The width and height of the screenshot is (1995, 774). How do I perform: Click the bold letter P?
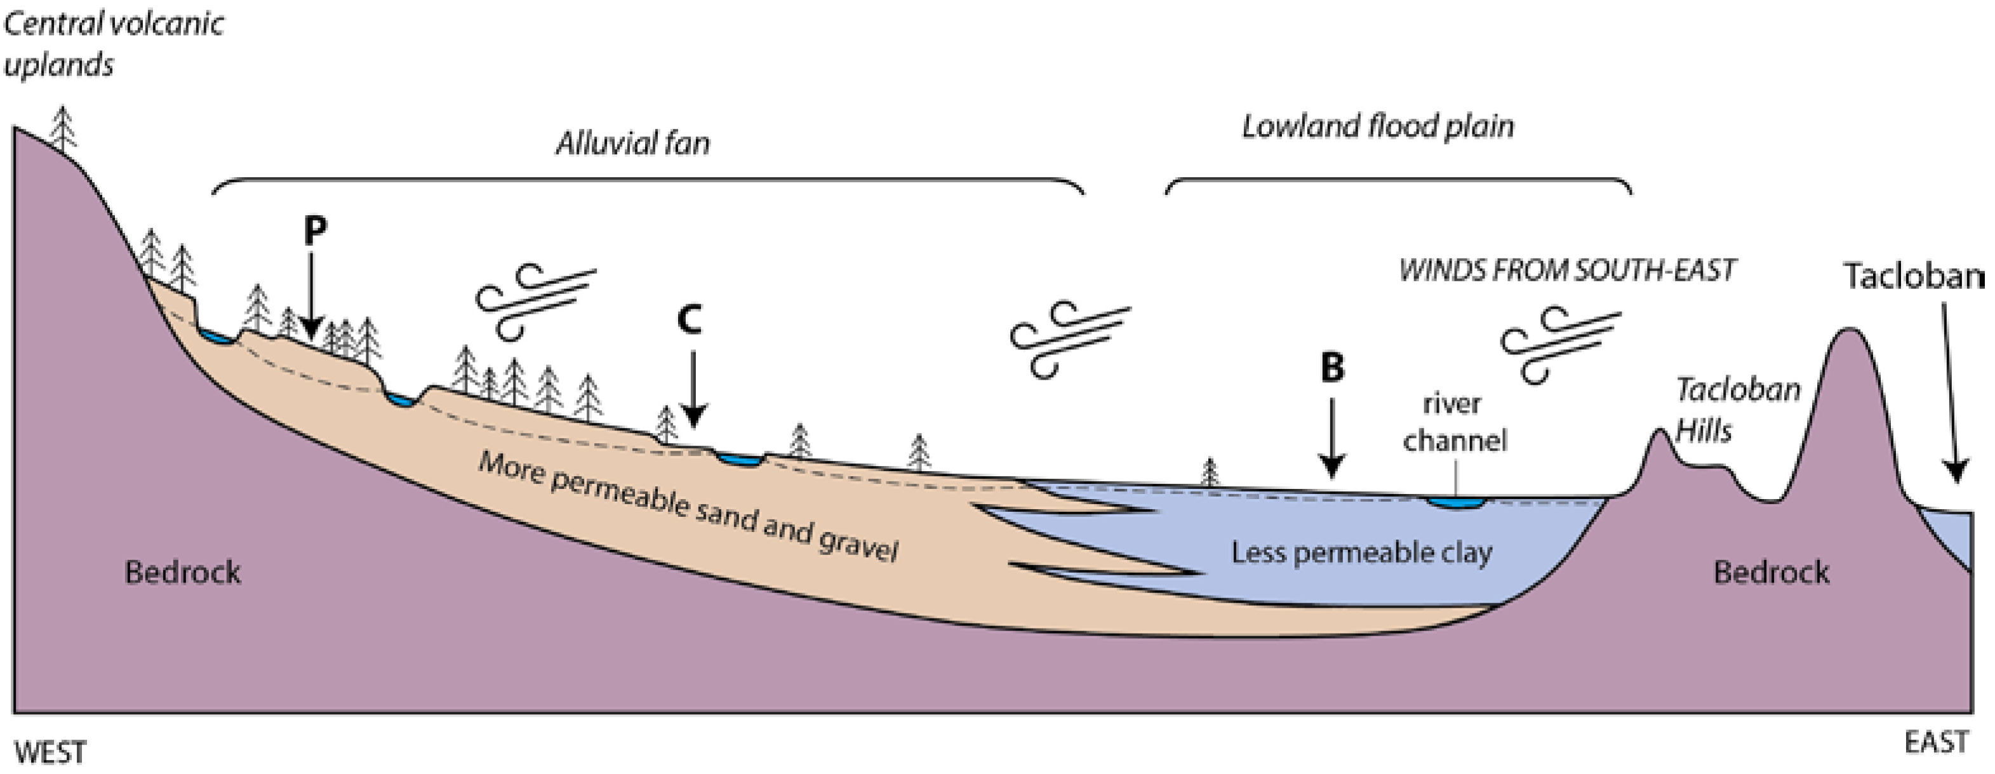pos(314,230)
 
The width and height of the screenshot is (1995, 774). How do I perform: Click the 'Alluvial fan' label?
pos(632,143)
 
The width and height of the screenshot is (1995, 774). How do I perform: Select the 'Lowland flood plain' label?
pos(1377,126)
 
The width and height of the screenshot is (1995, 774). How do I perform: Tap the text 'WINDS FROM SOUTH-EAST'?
pos(1566,270)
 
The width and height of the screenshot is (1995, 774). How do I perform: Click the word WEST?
pos(50,752)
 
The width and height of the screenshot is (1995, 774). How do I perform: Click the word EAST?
pos(1935,742)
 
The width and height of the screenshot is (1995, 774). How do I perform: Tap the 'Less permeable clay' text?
pos(1361,552)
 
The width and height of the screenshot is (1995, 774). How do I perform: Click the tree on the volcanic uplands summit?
pos(63,129)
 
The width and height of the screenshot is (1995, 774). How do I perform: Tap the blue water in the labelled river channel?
pos(1455,503)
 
